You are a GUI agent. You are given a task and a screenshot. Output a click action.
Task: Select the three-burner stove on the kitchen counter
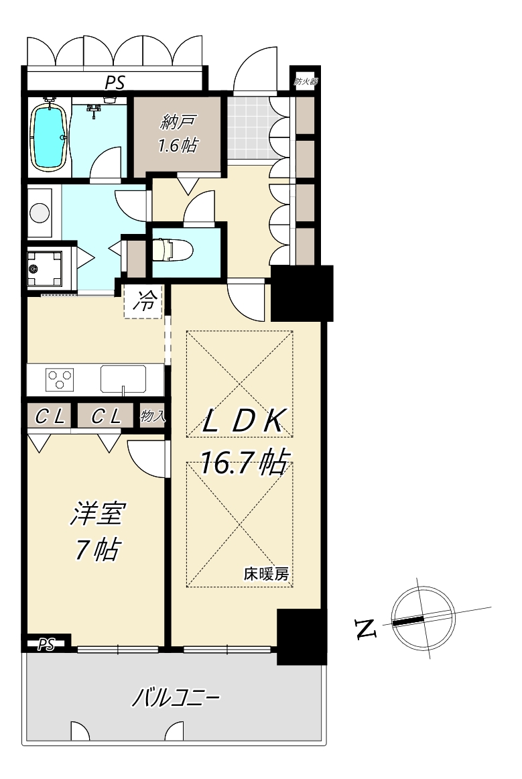(x=60, y=379)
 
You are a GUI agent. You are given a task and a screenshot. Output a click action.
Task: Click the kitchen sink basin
(x=123, y=379)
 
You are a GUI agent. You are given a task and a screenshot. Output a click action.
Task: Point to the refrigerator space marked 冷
(x=143, y=301)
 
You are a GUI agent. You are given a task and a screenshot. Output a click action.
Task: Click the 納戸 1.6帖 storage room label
(x=178, y=133)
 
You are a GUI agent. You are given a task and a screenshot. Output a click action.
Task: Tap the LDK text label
(x=244, y=421)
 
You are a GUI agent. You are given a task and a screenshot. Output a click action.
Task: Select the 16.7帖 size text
(x=244, y=463)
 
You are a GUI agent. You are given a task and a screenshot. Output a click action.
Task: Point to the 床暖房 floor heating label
(x=266, y=575)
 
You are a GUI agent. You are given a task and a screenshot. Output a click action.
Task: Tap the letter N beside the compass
(x=366, y=629)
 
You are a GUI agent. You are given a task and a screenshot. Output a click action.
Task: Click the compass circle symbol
(x=423, y=618)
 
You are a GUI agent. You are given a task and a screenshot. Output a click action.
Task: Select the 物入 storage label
(x=153, y=416)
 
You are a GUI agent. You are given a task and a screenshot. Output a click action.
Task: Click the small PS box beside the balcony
(x=46, y=644)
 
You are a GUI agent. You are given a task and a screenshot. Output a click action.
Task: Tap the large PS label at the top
(x=115, y=82)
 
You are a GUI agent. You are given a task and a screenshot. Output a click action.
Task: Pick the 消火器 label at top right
(x=305, y=82)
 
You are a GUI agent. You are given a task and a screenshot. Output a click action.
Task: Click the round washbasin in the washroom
(x=40, y=213)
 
